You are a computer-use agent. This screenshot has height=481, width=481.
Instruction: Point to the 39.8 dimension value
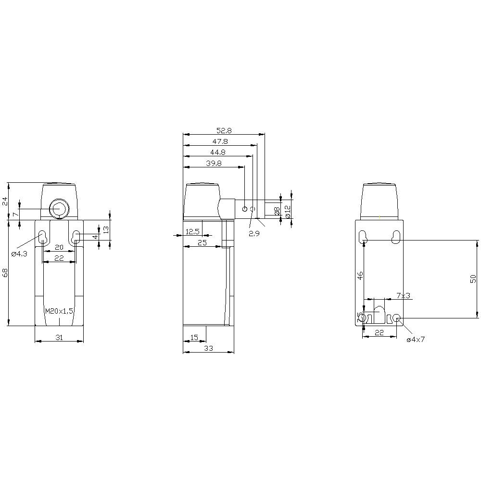(x=214, y=164)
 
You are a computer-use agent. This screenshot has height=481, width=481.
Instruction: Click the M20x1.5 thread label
(x=59, y=311)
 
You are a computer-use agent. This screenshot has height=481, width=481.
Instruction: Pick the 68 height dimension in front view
(x=5, y=273)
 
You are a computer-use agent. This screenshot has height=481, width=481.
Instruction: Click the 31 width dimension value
(x=59, y=338)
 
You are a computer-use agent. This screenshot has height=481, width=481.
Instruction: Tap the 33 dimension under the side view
(x=208, y=349)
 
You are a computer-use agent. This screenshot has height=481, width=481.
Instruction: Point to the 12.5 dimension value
(x=192, y=232)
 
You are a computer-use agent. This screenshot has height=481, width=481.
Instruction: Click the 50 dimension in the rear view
(x=473, y=279)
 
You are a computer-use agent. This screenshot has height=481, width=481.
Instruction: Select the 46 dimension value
(x=360, y=276)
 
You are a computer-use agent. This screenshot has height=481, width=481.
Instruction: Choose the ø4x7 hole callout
(x=416, y=340)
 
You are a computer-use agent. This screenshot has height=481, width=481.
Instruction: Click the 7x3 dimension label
(x=403, y=295)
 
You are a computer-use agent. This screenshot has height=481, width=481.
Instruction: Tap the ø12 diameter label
(x=288, y=211)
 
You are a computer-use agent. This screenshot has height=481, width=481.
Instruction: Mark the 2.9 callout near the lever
(x=254, y=233)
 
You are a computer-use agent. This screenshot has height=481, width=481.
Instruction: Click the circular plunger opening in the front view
(x=59, y=209)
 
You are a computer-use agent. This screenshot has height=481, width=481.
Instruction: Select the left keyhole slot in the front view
(x=42, y=237)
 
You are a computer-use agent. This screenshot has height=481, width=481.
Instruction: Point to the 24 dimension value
(x=5, y=201)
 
